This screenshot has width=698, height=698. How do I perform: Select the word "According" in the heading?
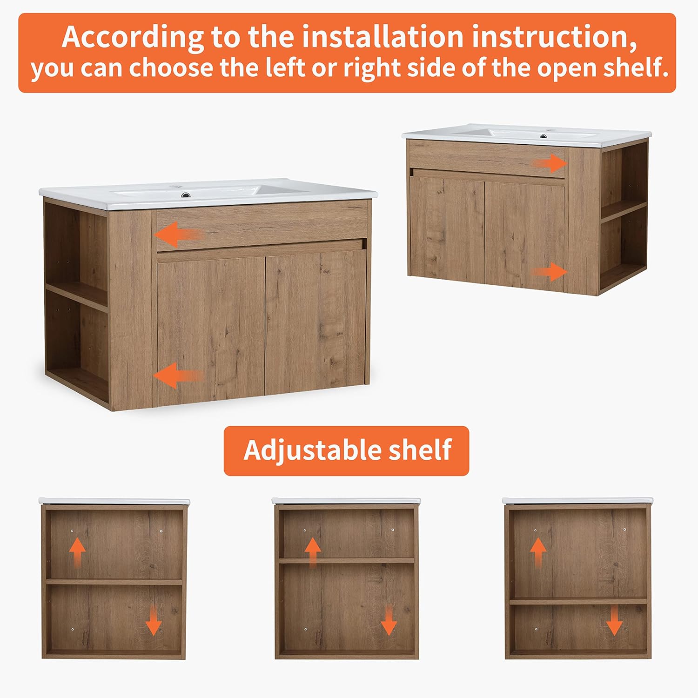click(x=133, y=37)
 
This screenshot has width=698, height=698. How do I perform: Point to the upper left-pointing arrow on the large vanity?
click(x=178, y=234)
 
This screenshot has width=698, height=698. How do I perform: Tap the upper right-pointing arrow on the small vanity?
click(x=550, y=163)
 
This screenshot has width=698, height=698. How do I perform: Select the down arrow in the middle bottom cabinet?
click(x=389, y=622)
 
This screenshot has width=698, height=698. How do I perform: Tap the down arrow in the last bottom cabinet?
click(x=614, y=622)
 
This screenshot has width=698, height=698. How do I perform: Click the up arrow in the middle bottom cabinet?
click(x=313, y=551)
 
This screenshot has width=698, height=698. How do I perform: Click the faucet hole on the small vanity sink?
click(x=543, y=136)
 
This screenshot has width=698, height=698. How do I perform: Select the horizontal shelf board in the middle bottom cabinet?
click(x=347, y=561)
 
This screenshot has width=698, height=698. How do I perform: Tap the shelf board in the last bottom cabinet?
click(x=578, y=601)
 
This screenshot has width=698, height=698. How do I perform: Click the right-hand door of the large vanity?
click(x=315, y=323)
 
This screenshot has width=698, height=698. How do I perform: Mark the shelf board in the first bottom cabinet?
click(x=114, y=582)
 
